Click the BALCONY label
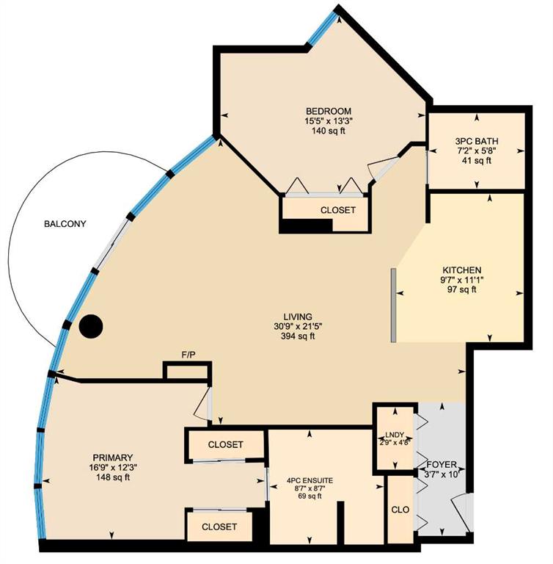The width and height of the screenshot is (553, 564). pyautogui.click(x=65, y=224)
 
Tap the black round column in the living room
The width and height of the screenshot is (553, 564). pyautogui.click(x=91, y=327)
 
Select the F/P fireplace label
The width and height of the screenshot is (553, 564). pyautogui.click(x=188, y=355)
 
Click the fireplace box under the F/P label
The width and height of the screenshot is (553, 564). pyautogui.click(x=187, y=371)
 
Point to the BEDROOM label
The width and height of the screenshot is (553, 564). pyautogui.click(x=329, y=111)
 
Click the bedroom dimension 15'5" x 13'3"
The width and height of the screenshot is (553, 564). pyautogui.click(x=329, y=121)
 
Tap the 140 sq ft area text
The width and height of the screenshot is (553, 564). pyautogui.click(x=329, y=131)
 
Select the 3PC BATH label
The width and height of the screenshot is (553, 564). pyautogui.click(x=477, y=141)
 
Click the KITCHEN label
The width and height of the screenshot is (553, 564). pyautogui.click(x=462, y=270)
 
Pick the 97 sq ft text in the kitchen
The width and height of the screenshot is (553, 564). pyautogui.click(x=462, y=289)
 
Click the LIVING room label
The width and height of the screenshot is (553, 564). pyautogui.click(x=298, y=317)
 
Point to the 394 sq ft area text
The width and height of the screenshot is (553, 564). pyautogui.click(x=298, y=336)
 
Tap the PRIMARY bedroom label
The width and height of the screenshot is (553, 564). pyautogui.click(x=113, y=458)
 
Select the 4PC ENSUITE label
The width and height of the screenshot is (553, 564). pyautogui.click(x=310, y=481)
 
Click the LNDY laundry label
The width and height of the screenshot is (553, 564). pyautogui.click(x=395, y=435)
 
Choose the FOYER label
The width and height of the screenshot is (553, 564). pyautogui.click(x=442, y=464)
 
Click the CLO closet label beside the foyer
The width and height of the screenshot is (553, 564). pyautogui.click(x=400, y=510)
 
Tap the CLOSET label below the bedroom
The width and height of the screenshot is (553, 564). pyautogui.click(x=338, y=210)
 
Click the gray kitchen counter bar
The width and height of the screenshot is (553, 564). pyautogui.click(x=394, y=305)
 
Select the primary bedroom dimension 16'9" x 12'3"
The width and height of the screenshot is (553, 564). pyautogui.click(x=113, y=468)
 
